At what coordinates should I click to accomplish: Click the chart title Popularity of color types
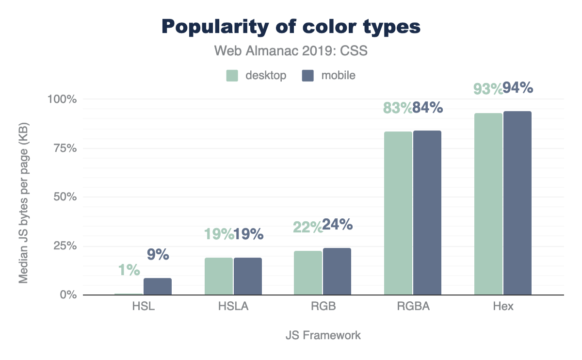[x=291, y=27]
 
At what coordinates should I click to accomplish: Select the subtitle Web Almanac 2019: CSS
[x=291, y=50]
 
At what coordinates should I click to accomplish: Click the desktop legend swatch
[x=232, y=76]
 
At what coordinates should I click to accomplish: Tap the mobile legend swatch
[x=308, y=76]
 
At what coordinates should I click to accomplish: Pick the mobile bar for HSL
[x=158, y=286]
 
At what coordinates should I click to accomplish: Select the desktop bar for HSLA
[x=219, y=276]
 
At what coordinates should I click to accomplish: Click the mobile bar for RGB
[x=337, y=271]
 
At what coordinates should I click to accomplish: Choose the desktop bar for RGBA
[x=398, y=213]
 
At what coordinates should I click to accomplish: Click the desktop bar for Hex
[x=488, y=204]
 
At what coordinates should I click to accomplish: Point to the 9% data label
[x=158, y=254]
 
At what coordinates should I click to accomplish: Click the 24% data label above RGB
[x=338, y=225]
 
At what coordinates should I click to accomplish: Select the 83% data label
[x=397, y=108]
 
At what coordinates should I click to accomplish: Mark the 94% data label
[x=518, y=88]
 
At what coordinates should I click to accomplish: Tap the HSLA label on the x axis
[x=233, y=307]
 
